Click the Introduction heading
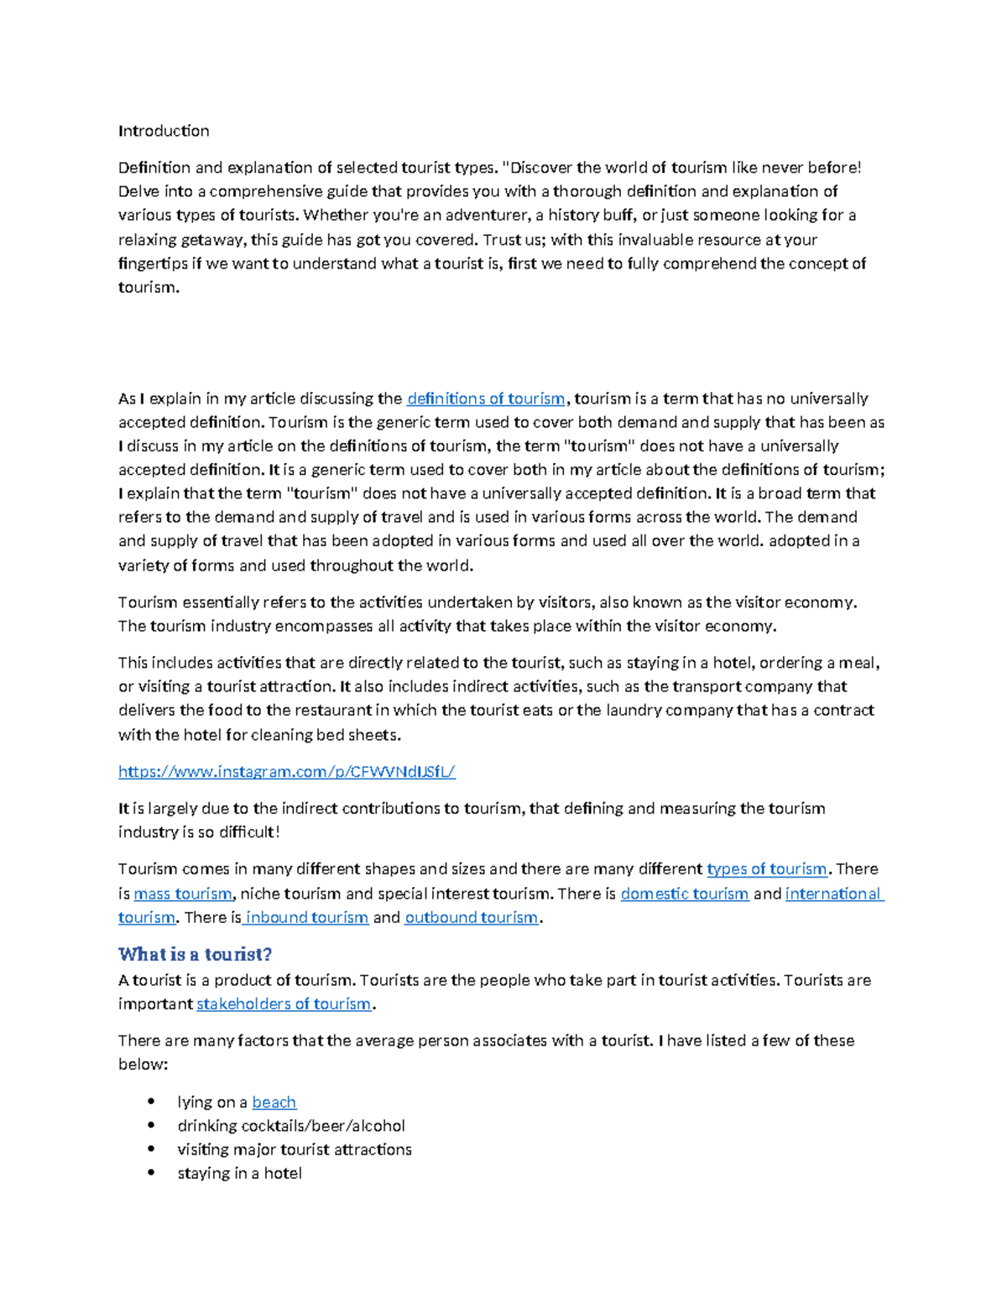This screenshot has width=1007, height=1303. [164, 131]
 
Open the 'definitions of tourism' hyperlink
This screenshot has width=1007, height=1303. [486, 399]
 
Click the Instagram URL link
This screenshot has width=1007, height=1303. [286, 772]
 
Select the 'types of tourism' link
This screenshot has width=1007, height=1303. [767, 869]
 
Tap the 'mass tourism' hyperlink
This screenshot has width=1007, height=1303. [183, 894]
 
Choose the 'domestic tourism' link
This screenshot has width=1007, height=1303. [684, 894]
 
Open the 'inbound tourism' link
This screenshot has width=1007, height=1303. [306, 918]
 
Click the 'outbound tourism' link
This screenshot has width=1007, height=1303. [471, 918]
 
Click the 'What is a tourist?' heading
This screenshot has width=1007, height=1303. [195, 954]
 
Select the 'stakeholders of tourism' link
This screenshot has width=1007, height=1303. [284, 1004]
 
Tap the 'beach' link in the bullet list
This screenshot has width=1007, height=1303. [274, 1102]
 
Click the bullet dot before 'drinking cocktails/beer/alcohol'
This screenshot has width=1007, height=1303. [151, 1125]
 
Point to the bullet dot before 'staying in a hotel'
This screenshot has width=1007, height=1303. [151, 1173]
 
